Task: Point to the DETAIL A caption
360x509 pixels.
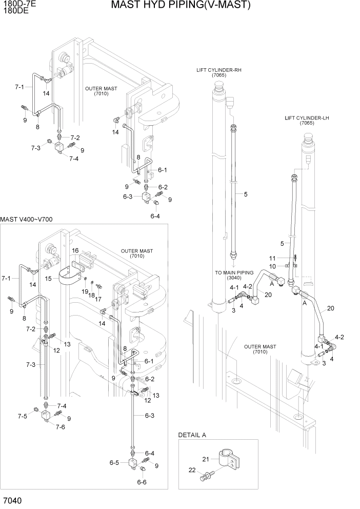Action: pos(192,435)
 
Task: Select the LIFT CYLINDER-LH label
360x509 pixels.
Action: pos(307,118)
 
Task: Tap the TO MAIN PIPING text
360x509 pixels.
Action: pos(234,272)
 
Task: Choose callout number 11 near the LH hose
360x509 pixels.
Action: pos(273,258)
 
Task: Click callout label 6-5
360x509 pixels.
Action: pos(114,462)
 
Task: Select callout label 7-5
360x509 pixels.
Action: pos(22,416)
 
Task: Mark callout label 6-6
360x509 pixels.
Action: pos(142,482)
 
